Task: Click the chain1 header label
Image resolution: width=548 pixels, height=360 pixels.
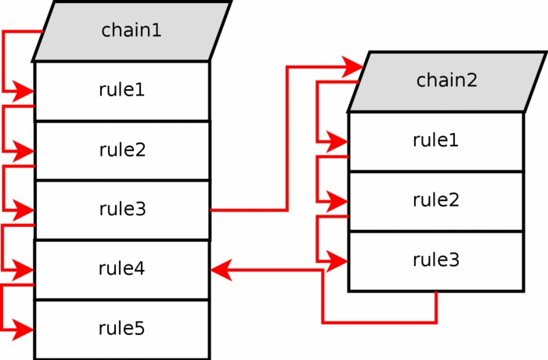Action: (131, 31)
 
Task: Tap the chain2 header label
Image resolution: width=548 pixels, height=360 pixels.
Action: (446, 80)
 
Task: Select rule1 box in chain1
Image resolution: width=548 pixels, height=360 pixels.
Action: (122, 90)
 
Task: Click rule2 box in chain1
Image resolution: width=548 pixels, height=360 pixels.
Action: (122, 149)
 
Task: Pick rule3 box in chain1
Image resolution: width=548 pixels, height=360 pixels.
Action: (122, 209)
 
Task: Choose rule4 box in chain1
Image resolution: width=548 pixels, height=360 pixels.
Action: (122, 268)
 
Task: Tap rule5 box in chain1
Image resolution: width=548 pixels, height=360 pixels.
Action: (122, 328)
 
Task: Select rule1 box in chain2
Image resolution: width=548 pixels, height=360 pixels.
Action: (436, 141)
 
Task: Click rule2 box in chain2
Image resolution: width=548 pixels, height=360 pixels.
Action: (436, 200)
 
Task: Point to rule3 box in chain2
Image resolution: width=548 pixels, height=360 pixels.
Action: (436, 260)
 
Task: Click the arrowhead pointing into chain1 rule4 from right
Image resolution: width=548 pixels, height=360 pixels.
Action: (222, 270)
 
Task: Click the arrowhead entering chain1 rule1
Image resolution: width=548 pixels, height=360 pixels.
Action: (24, 92)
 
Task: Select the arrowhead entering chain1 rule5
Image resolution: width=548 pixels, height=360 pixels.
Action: (24, 329)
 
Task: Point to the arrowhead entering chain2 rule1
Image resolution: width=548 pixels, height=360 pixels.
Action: (337, 142)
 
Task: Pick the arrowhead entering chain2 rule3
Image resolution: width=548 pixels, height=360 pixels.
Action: (337, 261)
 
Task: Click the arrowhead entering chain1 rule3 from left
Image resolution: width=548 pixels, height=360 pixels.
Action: (24, 211)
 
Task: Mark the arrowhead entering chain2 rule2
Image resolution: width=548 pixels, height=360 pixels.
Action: (337, 201)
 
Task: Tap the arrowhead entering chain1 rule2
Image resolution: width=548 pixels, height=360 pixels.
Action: (24, 150)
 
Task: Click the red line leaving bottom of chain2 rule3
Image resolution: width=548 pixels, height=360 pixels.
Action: (436, 307)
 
